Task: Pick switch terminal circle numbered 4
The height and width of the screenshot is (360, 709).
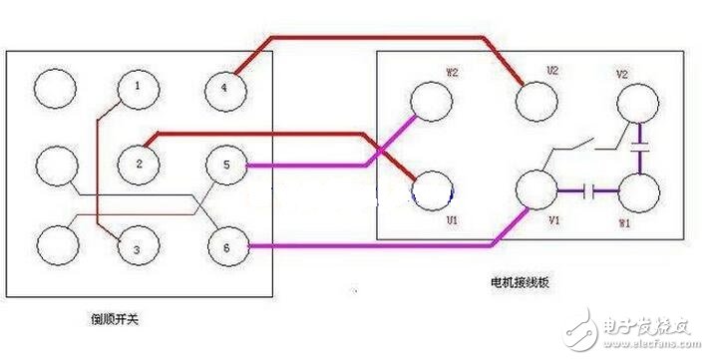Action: [224, 91]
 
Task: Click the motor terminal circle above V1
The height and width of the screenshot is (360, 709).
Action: [536, 188]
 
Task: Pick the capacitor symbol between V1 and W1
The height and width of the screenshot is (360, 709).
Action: [594, 188]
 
